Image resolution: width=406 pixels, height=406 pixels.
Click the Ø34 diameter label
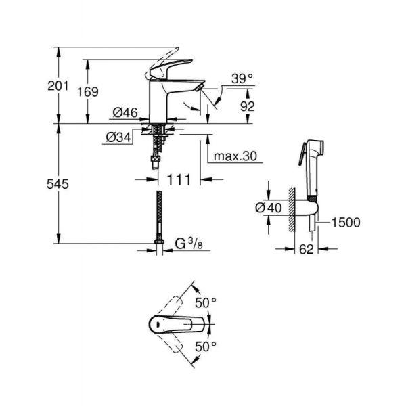tap(118, 137)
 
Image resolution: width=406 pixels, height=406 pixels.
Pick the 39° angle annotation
tap(241, 78)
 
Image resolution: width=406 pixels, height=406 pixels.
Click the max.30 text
tap(236, 156)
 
